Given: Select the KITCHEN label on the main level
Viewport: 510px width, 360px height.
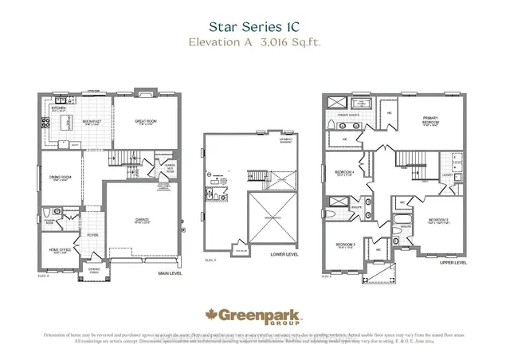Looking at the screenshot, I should click(58, 108).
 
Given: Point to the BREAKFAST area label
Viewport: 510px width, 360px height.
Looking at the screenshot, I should click(92, 122).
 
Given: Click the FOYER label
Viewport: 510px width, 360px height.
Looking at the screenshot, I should click(92, 235).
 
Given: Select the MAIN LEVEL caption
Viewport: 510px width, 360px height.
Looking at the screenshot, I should click(170, 274).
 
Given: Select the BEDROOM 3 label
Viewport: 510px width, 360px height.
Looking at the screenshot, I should click(344, 245).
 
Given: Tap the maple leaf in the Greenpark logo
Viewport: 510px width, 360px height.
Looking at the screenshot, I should click(213, 315).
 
